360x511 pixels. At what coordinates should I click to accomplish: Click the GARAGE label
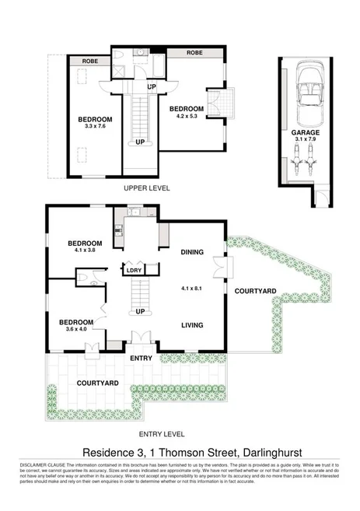point(305,133)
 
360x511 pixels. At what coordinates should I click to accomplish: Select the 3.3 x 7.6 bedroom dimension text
point(96,127)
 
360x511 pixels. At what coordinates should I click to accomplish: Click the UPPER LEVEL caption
point(147,188)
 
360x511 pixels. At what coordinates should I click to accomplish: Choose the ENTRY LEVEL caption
point(161,435)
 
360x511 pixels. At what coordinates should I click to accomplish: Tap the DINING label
point(192,253)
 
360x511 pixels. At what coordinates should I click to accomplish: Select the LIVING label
point(192,325)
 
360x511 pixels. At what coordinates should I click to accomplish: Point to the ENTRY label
point(142,358)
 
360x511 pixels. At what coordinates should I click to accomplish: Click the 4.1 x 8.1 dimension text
point(191,288)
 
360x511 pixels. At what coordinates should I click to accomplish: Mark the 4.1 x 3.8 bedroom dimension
point(79,250)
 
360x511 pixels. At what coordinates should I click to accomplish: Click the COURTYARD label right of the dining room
point(256,291)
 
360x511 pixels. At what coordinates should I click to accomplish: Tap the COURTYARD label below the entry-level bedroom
point(98,383)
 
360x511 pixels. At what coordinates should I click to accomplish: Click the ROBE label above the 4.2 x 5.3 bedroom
point(194,53)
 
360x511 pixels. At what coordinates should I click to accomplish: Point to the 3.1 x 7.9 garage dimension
point(305,141)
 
